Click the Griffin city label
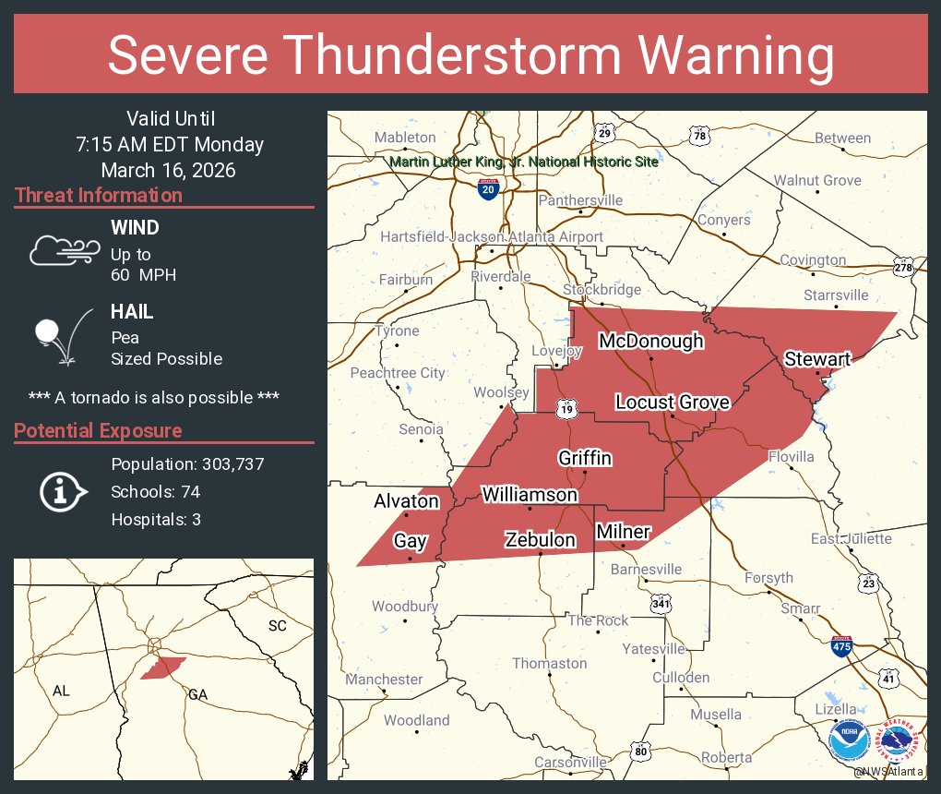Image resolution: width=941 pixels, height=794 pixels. tap(585, 458)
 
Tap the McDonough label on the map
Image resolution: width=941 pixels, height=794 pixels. tap(650, 342)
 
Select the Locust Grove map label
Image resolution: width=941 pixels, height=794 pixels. tap(673, 402)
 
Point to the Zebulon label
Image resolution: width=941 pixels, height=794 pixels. tap(540, 540)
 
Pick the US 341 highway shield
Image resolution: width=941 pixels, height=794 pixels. tap(660, 604)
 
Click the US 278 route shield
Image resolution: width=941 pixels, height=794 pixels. tap(903, 268)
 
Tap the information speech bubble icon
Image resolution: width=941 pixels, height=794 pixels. tap(62, 491)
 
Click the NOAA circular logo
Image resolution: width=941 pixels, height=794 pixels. tap(849, 740)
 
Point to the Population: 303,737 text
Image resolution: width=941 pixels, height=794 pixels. tap(187, 464)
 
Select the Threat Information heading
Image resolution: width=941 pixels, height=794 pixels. tap(99, 196)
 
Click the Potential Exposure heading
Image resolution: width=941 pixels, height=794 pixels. tap(98, 431)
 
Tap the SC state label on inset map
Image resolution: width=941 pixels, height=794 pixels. tap(277, 626)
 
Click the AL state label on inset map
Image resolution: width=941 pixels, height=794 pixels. tap(61, 691)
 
